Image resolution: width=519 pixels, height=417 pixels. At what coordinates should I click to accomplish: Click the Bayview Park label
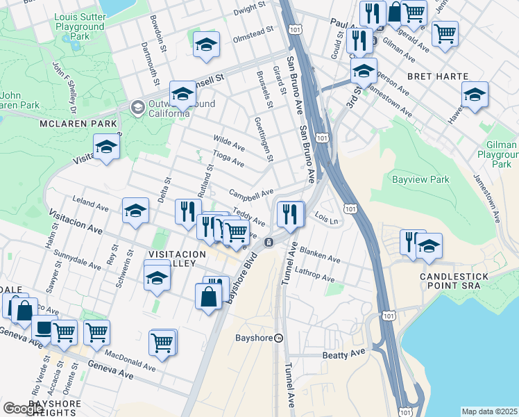(420, 179)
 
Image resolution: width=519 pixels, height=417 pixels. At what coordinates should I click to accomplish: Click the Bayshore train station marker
(278, 338)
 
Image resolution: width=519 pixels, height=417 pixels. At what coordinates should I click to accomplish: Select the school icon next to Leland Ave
(135, 211)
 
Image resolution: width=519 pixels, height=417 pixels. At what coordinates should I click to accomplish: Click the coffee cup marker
(44, 326)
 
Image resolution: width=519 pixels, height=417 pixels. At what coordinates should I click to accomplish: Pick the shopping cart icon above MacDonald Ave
(162, 342)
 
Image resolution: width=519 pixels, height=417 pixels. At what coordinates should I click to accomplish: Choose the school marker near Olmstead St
(206, 44)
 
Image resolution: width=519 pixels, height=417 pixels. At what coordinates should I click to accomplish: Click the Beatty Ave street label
(343, 354)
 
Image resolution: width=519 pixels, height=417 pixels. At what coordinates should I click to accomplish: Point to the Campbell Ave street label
(251, 193)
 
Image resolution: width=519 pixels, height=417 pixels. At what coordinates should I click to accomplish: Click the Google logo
(24, 409)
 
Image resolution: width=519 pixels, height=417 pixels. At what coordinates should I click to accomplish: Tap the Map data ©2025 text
(488, 411)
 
